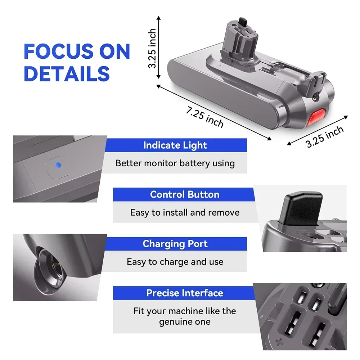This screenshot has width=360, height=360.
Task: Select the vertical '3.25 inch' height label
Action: click(153, 48)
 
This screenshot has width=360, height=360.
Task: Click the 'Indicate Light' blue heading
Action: click(175, 145)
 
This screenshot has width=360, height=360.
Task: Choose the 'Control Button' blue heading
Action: click(184, 194)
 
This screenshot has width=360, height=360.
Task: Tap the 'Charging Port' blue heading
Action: click(175, 244)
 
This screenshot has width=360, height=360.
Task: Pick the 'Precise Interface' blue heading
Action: click(184, 293)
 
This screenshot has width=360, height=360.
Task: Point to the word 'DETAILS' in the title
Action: click(67, 73)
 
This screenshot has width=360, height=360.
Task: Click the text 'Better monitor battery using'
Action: click(175, 163)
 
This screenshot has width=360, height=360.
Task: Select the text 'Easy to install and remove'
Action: click(185, 212)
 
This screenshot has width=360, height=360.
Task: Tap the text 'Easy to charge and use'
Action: click(175, 262)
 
